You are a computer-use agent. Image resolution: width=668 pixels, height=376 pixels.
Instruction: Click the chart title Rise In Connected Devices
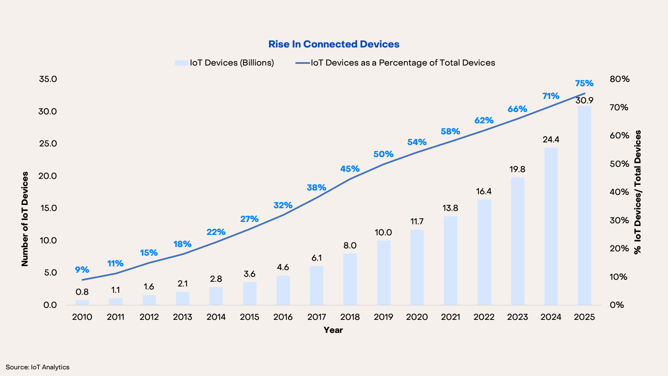(x=334, y=44)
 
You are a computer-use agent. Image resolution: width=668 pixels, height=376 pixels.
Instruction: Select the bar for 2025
(x=584, y=205)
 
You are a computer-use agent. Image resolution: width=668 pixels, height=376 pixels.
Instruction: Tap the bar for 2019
(x=383, y=272)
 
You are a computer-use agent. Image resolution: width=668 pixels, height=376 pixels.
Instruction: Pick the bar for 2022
(x=484, y=252)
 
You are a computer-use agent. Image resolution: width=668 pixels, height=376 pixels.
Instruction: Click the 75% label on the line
(x=584, y=83)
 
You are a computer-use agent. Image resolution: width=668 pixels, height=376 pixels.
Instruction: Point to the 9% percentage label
(x=82, y=270)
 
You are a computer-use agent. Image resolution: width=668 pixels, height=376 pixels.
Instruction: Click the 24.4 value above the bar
(x=551, y=139)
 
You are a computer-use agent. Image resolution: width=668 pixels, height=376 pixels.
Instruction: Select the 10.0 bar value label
(x=383, y=233)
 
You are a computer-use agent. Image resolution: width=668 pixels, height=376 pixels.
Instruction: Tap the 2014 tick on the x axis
(x=216, y=317)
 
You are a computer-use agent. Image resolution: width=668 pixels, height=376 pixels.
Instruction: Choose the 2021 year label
(x=450, y=317)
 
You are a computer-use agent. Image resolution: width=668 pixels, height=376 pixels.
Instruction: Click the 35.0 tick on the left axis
(x=48, y=79)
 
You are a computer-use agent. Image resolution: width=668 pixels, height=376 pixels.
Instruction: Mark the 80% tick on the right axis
(x=620, y=79)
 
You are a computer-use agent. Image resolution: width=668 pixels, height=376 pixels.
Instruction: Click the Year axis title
(x=333, y=330)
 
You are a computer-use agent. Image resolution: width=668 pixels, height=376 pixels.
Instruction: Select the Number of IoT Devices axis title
(x=25, y=219)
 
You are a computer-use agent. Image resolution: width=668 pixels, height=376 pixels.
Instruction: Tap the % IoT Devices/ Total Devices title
(x=638, y=192)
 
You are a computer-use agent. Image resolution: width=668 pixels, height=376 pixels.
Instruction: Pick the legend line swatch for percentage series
(x=303, y=63)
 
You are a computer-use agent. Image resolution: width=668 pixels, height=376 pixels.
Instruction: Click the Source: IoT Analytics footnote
(x=37, y=367)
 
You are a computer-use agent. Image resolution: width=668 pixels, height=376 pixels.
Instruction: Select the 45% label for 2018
(x=350, y=169)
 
